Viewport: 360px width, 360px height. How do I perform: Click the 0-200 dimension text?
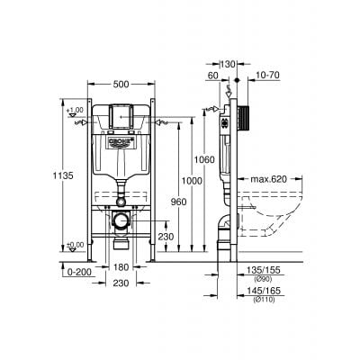82,268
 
